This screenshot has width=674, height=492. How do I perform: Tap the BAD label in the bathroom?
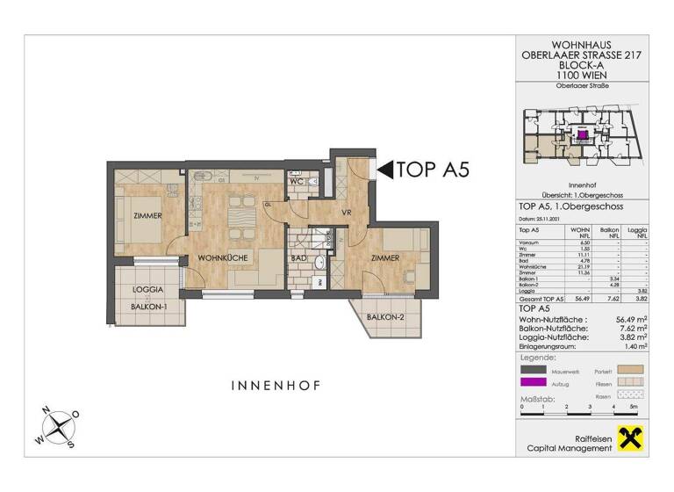[298, 259]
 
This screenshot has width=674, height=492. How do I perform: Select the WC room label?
[297, 183]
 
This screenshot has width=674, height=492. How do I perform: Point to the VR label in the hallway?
[323, 211]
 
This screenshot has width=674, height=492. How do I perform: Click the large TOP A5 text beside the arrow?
[434, 170]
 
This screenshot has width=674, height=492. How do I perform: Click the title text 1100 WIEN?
[583, 76]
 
